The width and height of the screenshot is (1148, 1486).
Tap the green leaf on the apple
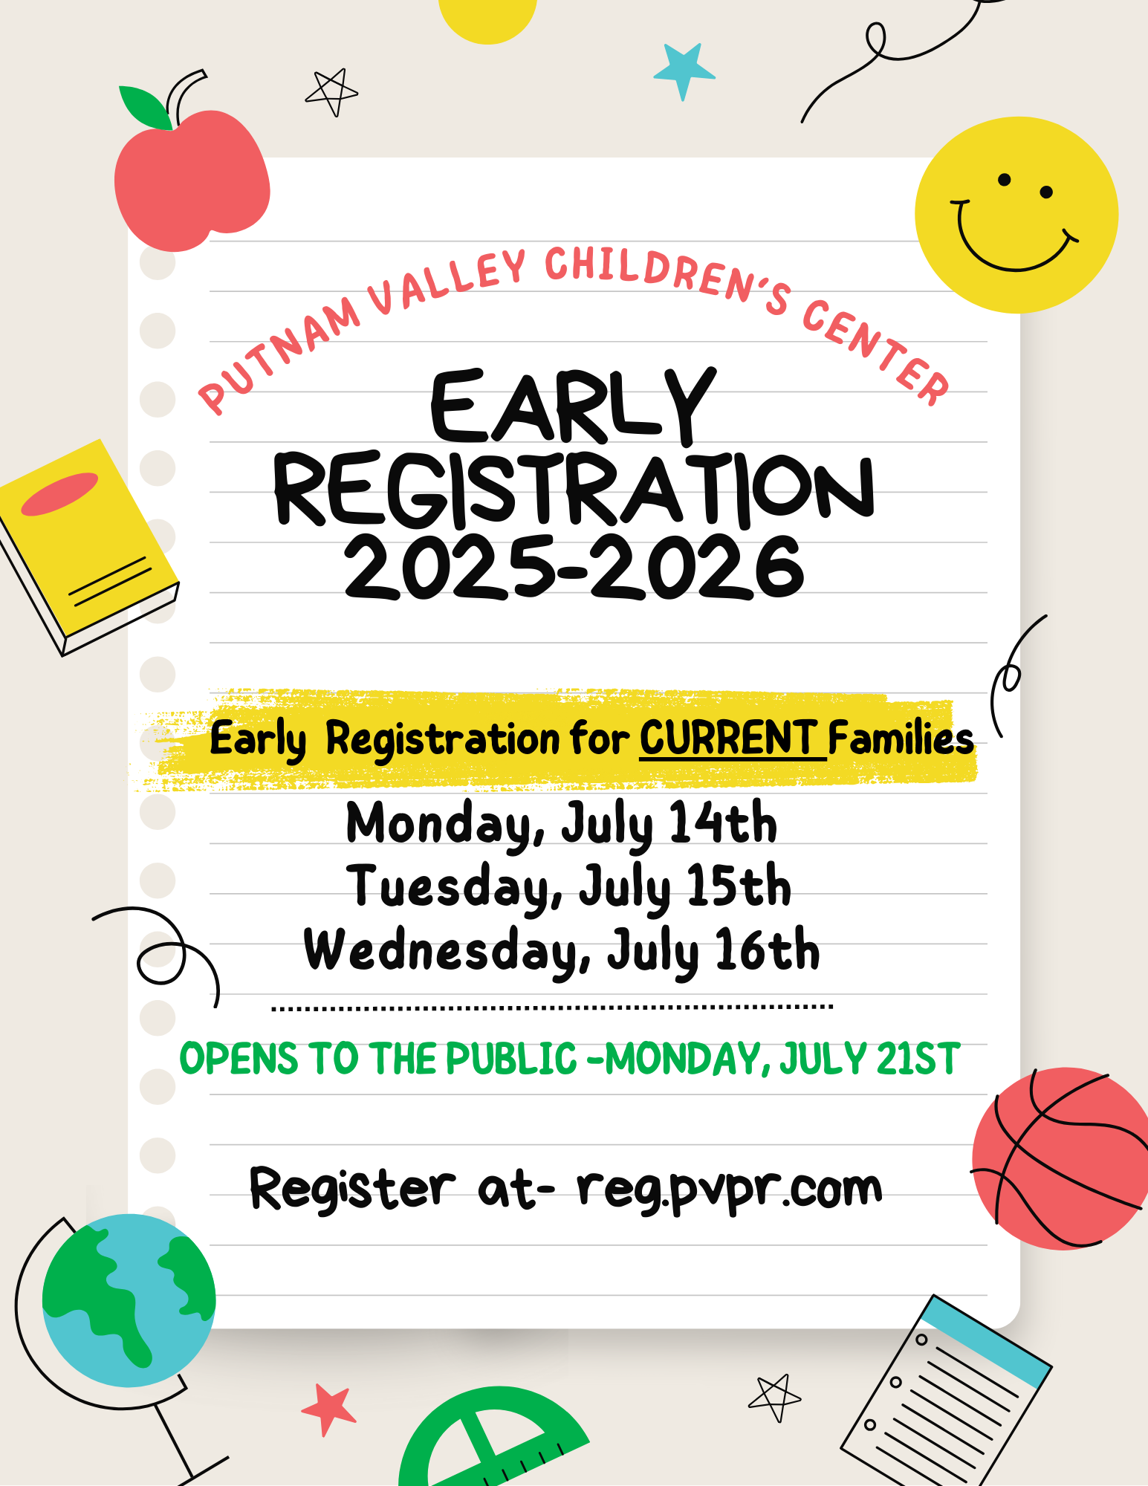145,107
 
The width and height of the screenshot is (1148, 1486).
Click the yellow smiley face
1016,215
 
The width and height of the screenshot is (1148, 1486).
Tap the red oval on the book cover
59,494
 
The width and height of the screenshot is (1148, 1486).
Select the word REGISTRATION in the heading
574,490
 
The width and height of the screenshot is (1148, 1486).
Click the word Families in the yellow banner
901,739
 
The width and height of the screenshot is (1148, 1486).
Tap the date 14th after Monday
723,823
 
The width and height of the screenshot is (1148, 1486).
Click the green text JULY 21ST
870,1059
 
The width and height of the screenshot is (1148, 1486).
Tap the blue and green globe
129,1300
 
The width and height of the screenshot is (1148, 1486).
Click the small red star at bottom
328,1409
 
